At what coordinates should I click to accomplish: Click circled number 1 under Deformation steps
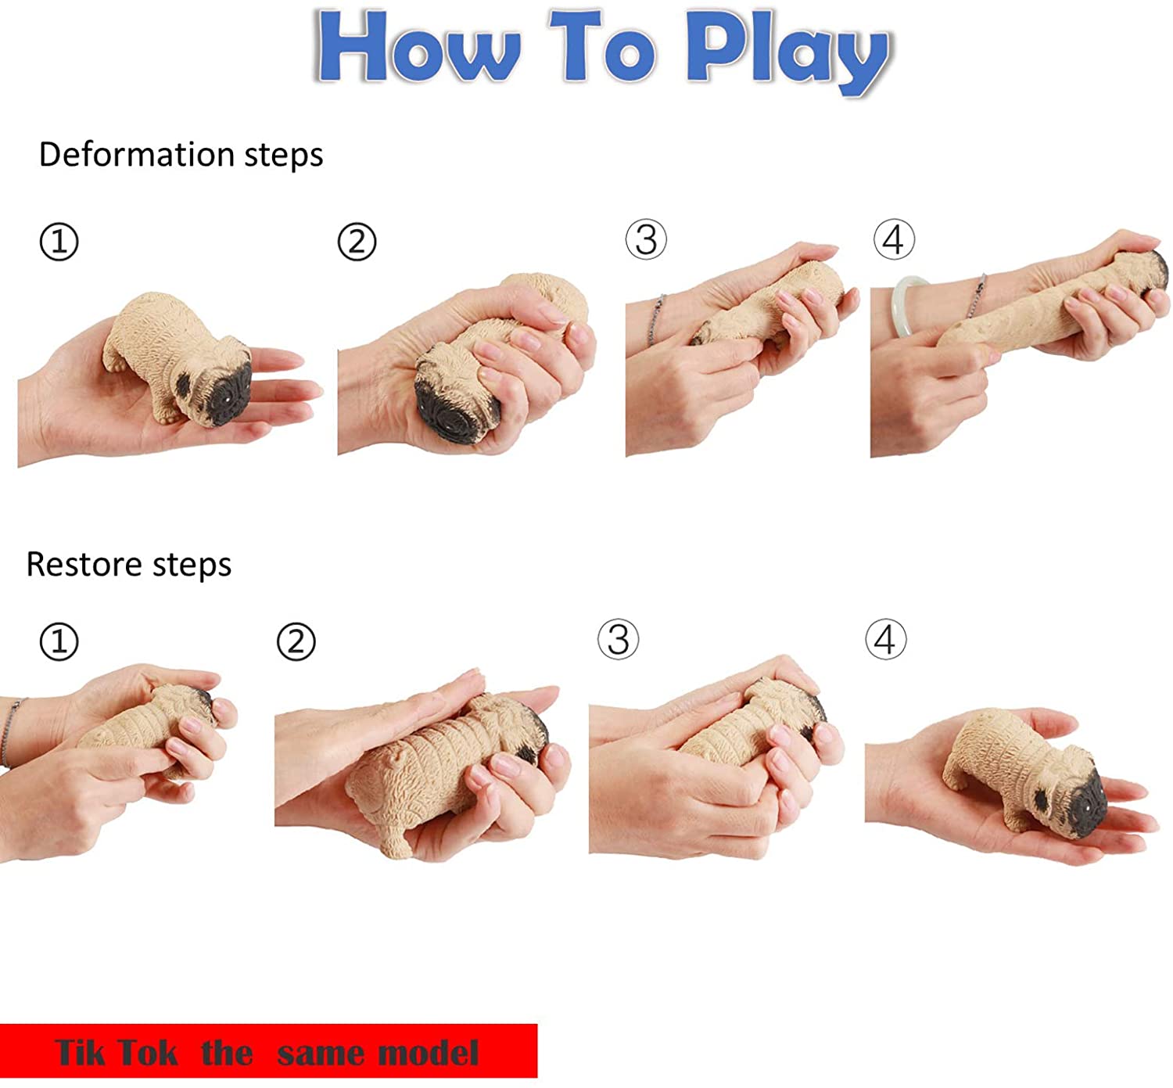click(x=59, y=242)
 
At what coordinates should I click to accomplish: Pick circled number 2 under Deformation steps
click(x=357, y=242)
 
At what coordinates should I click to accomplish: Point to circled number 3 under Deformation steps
click(x=646, y=239)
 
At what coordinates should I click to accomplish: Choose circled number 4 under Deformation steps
click(x=894, y=239)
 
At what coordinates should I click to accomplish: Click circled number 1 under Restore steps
click(x=59, y=642)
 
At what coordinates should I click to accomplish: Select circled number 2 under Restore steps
click(x=296, y=642)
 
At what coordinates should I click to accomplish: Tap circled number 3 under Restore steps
click(x=618, y=640)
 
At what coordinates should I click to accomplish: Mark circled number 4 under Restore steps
click(x=885, y=640)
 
